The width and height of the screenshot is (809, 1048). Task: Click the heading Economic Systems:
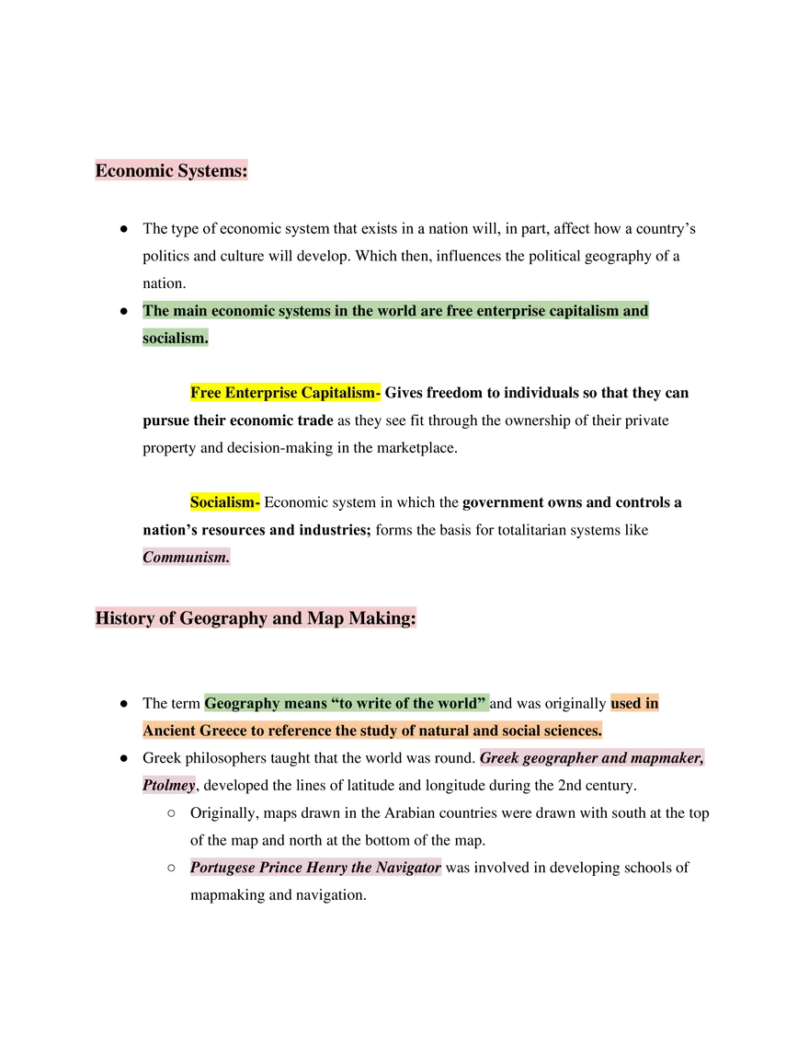point(172,171)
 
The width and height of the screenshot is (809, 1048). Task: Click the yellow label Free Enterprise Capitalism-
point(285,393)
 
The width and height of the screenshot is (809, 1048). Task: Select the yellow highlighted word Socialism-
point(224,502)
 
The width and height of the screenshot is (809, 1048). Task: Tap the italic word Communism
point(186,558)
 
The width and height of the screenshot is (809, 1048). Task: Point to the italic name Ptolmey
point(169,786)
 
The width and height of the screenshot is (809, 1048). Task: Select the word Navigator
point(408,868)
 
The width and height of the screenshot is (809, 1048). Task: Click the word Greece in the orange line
point(220,731)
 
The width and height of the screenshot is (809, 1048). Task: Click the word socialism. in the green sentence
point(175,339)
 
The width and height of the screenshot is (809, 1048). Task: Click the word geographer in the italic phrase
point(561,759)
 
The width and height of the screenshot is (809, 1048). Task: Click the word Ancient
point(168,731)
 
